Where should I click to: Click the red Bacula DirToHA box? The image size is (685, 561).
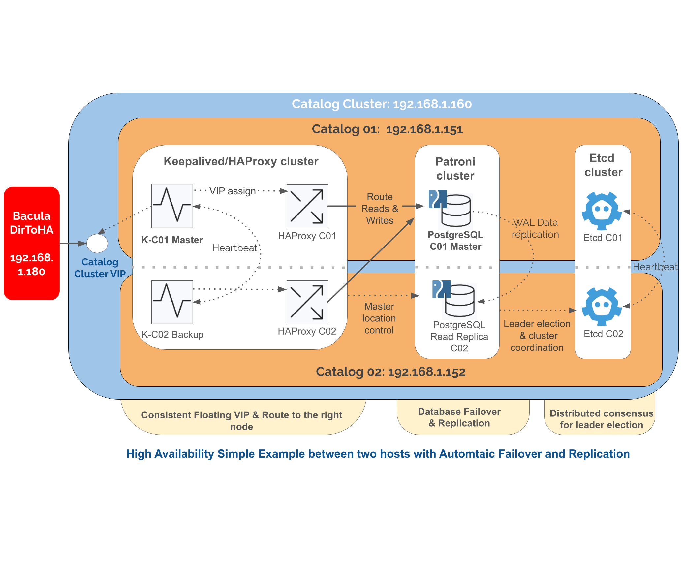pos(32,243)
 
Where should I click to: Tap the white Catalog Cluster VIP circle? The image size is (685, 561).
pos(97,244)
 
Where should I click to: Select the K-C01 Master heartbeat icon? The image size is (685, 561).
pos(172,206)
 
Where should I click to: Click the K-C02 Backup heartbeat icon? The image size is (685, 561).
pos(172,302)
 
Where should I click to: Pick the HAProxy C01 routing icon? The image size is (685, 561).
pos(307,206)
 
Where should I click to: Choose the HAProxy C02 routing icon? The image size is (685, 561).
pos(307,302)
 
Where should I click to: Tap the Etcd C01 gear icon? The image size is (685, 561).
pos(602,211)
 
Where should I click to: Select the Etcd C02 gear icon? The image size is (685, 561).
pos(602,307)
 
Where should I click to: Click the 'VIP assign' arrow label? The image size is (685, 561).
pos(233,191)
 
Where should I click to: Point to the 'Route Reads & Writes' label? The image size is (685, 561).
pos(380,209)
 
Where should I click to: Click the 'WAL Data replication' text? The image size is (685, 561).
pos(535,228)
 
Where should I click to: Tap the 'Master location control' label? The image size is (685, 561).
pos(379,318)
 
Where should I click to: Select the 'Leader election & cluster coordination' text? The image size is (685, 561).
pos(537,336)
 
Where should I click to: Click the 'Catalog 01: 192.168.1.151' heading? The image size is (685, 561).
pos(387,129)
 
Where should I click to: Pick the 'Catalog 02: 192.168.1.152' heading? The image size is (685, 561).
pos(390,372)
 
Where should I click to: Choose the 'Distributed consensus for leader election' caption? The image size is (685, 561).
pos(601,419)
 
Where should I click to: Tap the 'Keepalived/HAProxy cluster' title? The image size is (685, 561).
pos(241,161)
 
